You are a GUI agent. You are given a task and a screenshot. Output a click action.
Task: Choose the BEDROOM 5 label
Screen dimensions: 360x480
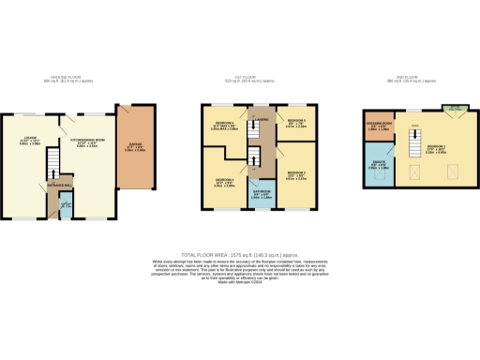click(295, 121)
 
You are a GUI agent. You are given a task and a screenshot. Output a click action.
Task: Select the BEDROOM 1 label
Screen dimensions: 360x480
click(436, 147)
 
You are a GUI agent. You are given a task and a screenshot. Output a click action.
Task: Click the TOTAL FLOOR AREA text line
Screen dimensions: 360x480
click(240, 255)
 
